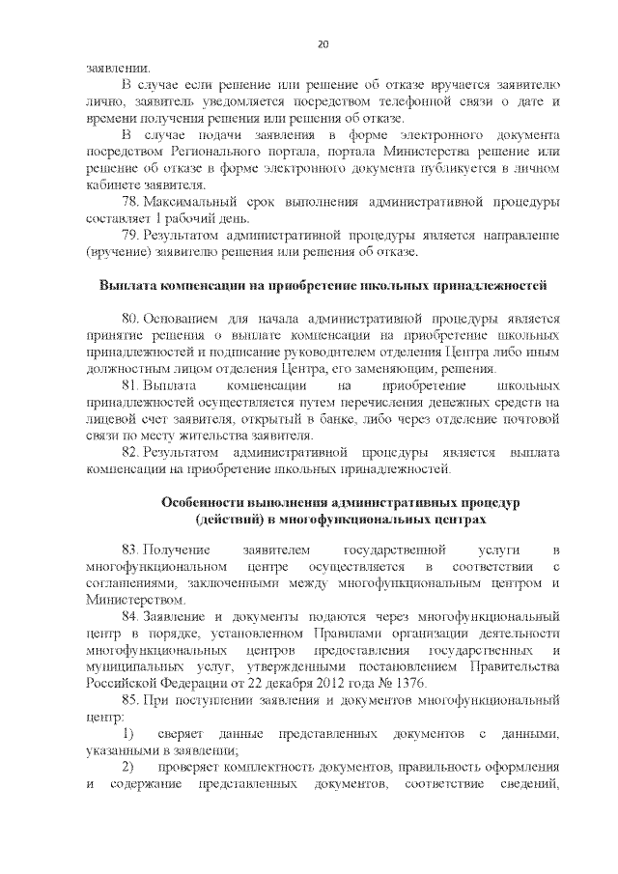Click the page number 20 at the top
[323, 43]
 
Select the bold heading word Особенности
[202, 504]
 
